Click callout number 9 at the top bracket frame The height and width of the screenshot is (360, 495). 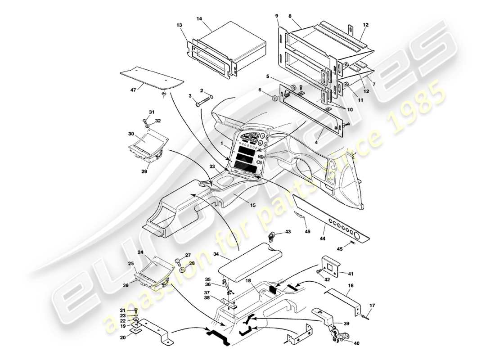click(277, 15)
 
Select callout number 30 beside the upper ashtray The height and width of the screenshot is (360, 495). click(131, 134)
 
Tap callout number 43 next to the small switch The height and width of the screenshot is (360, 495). click(288, 232)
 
